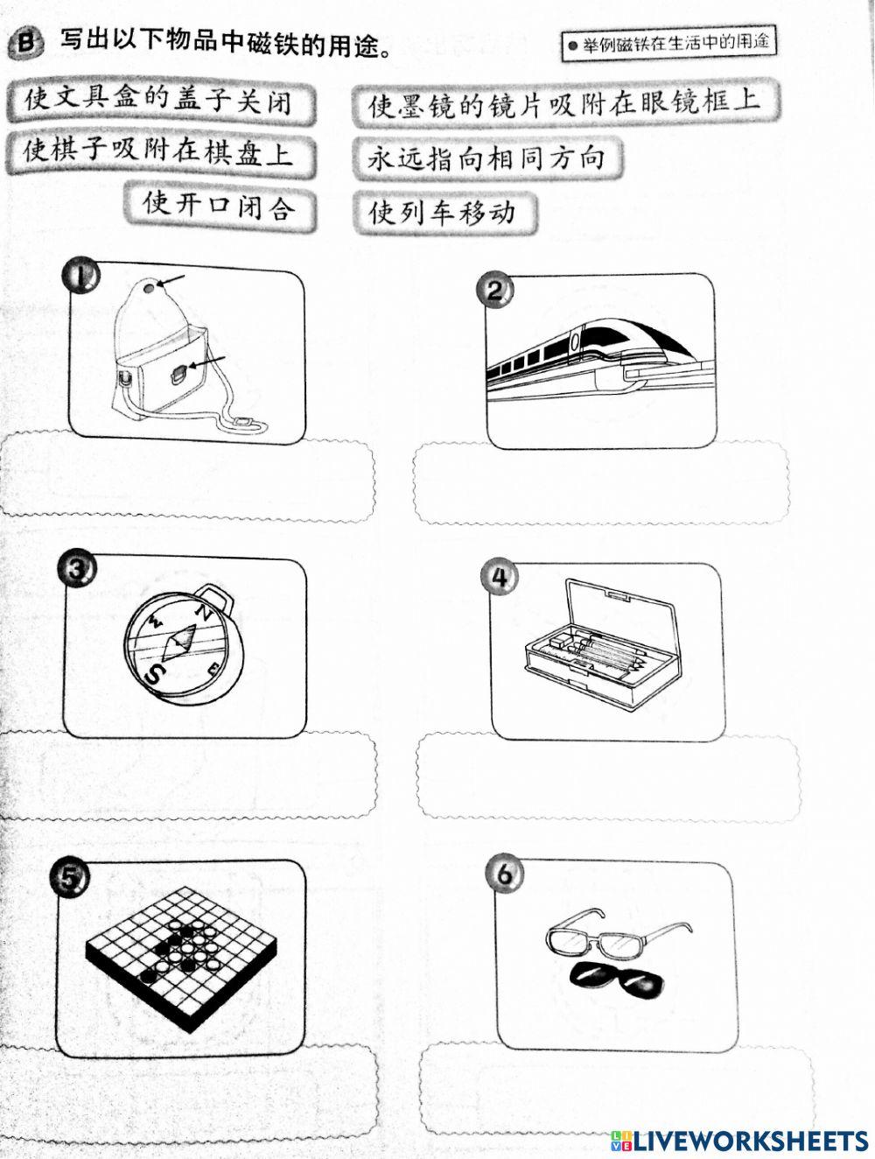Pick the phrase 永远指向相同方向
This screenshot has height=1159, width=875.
click(x=486, y=158)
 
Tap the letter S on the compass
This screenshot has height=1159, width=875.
click(x=153, y=673)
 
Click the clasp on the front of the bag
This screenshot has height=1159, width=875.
click(x=178, y=374)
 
